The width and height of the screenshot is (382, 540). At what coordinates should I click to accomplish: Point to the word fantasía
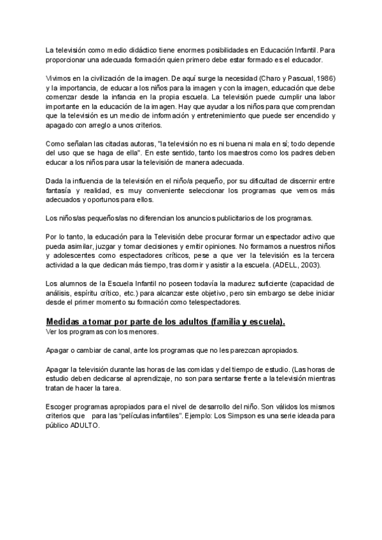tap(62, 190)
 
